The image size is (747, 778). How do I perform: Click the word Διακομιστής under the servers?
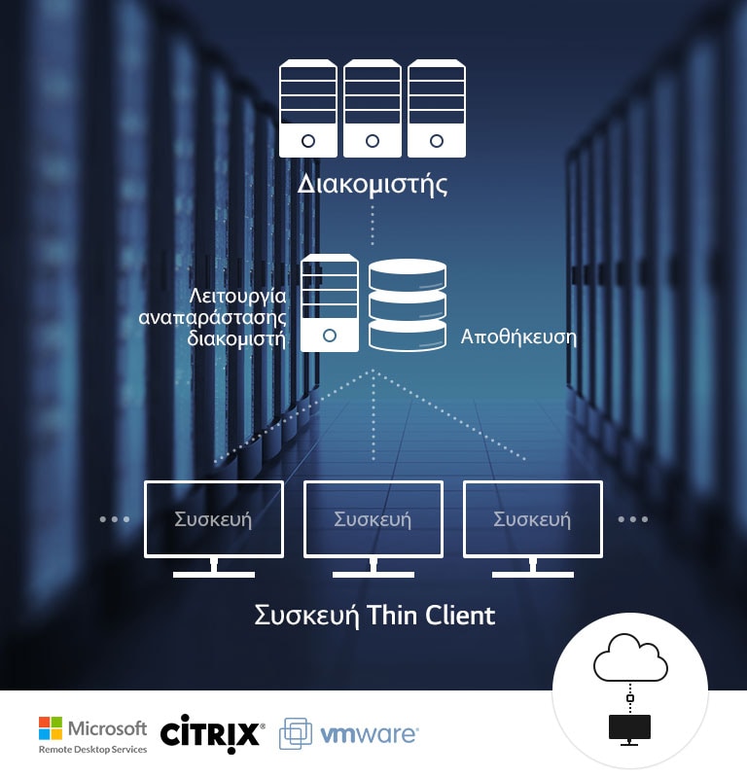(373, 185)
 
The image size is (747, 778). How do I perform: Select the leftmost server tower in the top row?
(308, 108)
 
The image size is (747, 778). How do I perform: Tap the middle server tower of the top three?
(372, 108)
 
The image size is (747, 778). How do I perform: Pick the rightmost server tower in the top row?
(435, 108)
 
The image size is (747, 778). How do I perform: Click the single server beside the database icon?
(329, 302)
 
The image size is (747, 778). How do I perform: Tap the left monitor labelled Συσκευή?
(213, 519)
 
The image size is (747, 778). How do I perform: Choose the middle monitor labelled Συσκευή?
(373, 519)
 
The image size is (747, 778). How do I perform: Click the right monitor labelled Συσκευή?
(532, 519)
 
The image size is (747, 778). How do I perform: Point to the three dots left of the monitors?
(115, 519)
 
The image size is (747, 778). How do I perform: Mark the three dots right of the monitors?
(632, 519)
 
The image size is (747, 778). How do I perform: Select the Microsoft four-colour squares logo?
(51, 728)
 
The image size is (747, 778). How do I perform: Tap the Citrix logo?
(211, 731)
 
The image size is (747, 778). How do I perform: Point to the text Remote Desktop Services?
(92, 750)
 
